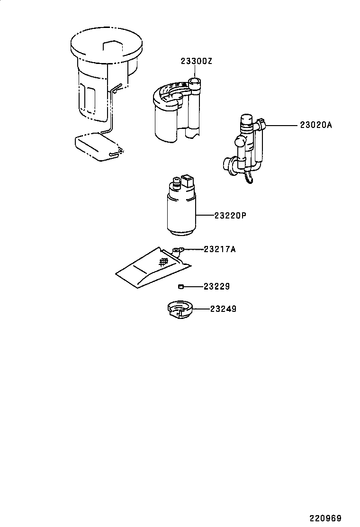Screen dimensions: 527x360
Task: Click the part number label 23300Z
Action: click(196, 62)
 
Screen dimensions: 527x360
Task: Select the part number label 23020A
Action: click(316, 126)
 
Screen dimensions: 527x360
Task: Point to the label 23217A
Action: click(219, 249)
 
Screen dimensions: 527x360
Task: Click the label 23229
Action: click(216, 286)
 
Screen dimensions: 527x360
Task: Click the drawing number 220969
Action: click(325, 518)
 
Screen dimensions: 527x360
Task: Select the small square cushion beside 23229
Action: click(180, 286)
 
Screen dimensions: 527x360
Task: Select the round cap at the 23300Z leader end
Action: click(195, 83)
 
